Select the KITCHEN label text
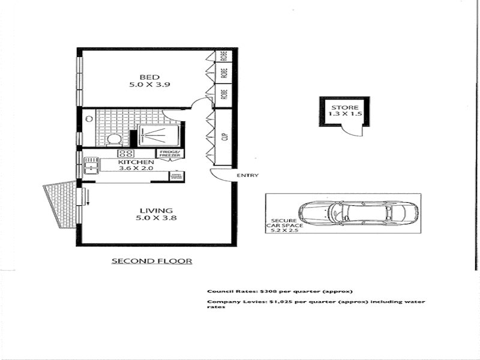pyautogui.click(x=136, y=162)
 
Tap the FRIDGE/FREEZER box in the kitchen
pyautogui.click(x=170, y=154)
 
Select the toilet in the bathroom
pyautogui.click(x=113, y=140)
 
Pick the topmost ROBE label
pyautogui.click(x=224, y=56)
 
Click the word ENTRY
pyautogui.click(x=248, y=175)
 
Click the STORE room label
pyautogui.click(x=344, y=108)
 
